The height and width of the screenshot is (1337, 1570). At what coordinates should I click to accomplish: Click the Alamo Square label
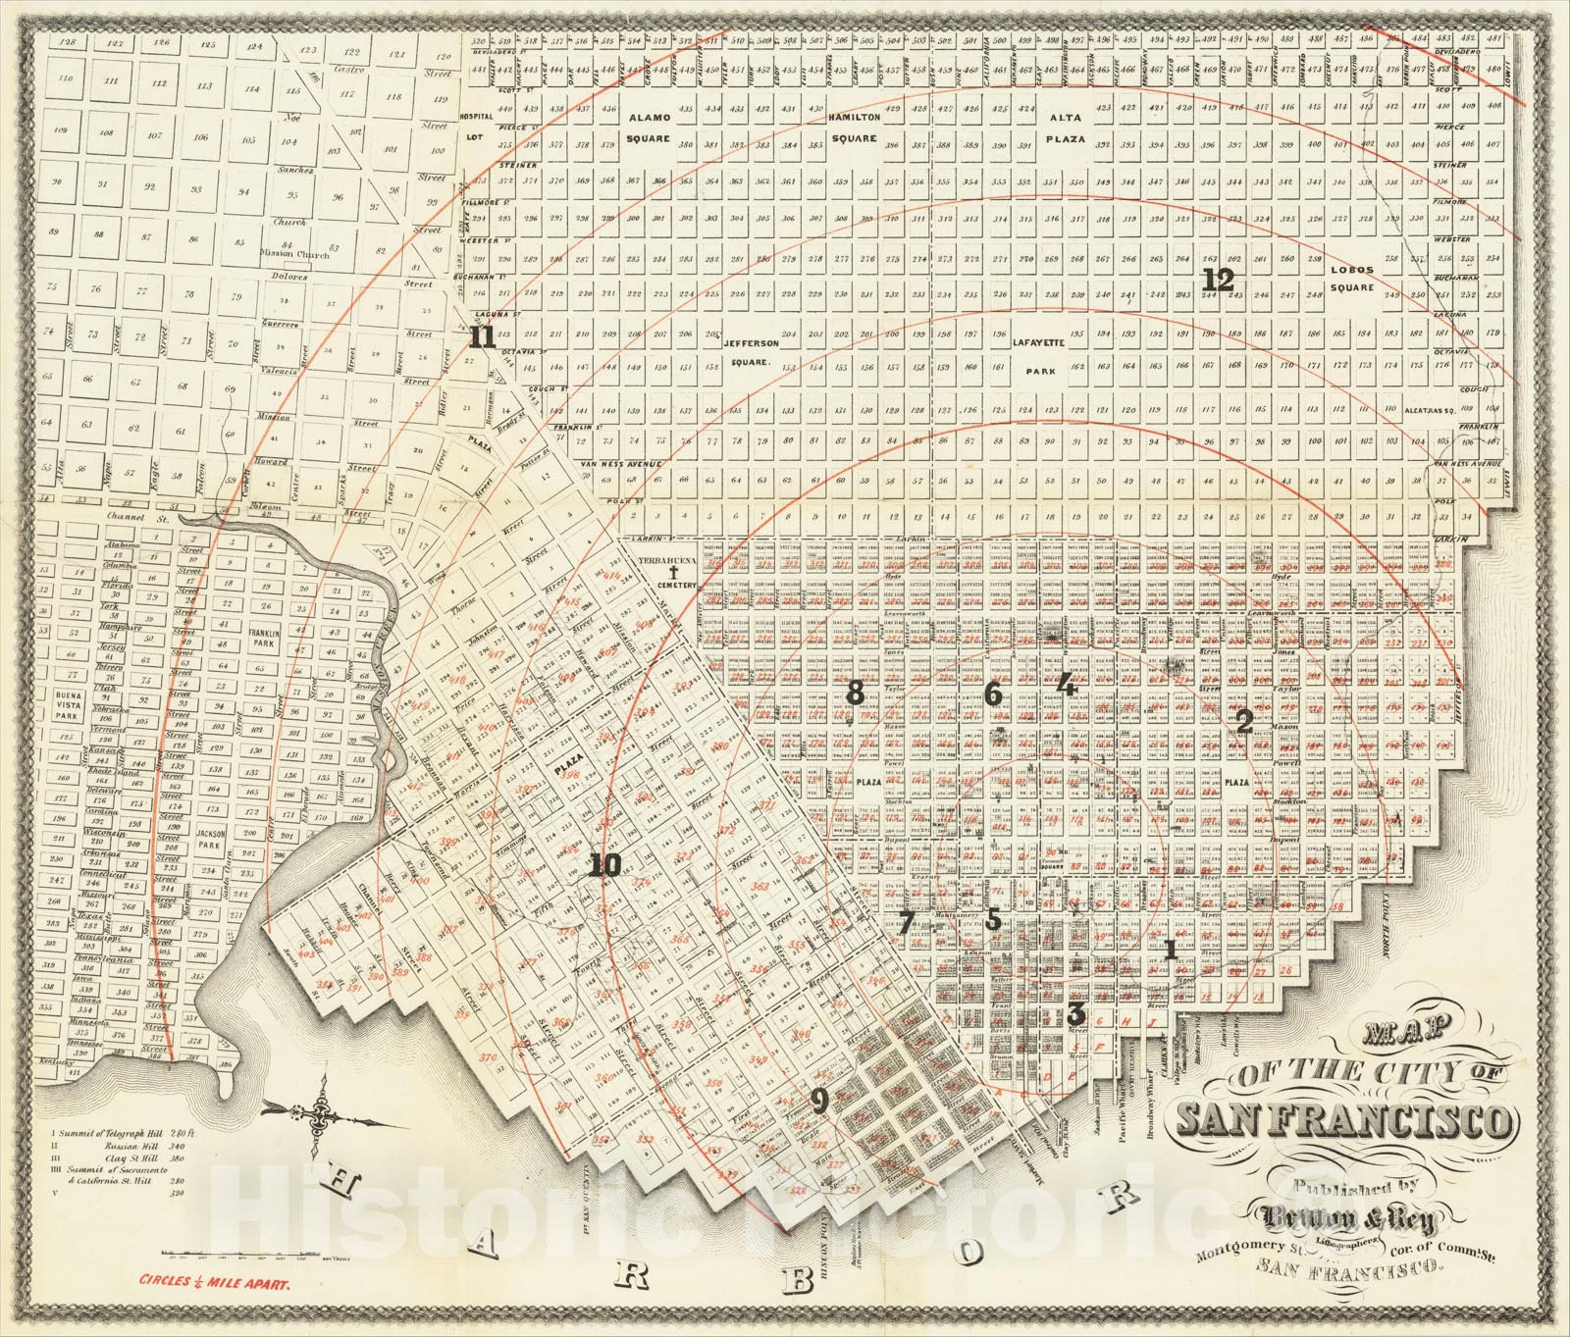pyautogui.click(x=648, y=128)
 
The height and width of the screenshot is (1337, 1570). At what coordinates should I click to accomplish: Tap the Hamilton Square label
pyautogui.click(x=854, y=128)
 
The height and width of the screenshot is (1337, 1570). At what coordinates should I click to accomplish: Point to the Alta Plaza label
pyautogui.click(x=1065, y=128)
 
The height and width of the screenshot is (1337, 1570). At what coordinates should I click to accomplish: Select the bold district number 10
pyautogui.click(x=605, y=866)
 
